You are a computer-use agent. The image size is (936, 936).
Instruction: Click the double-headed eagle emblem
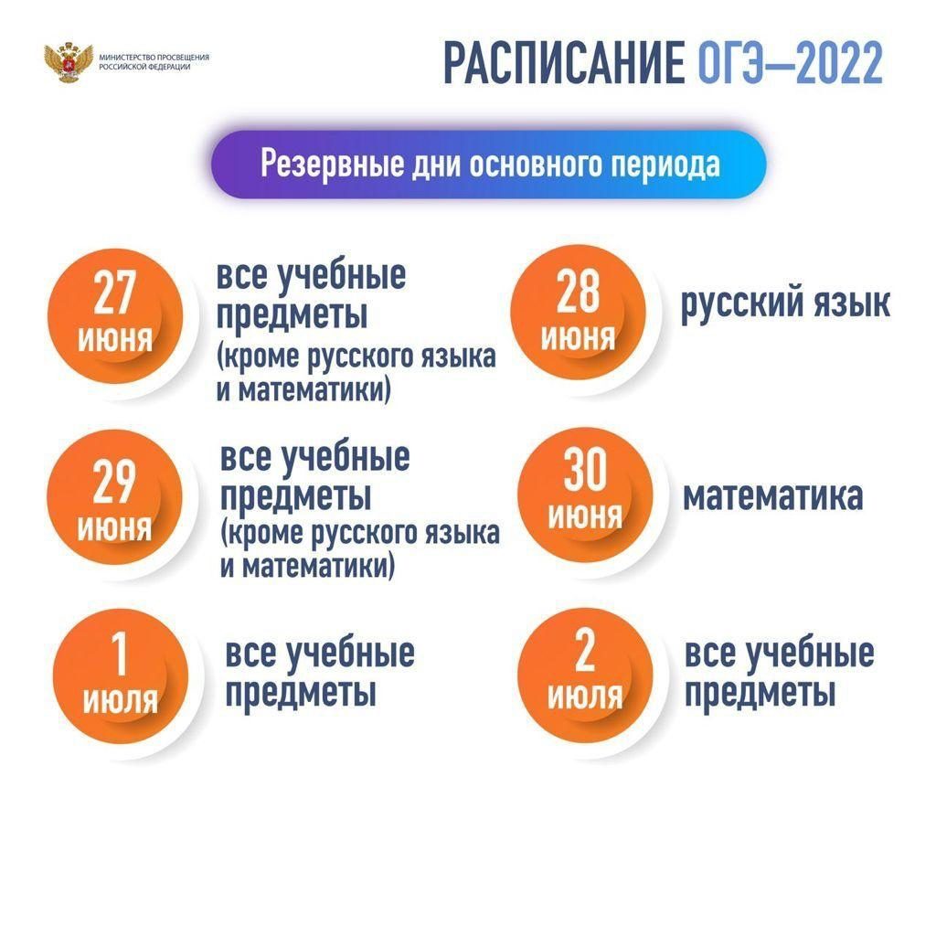pos(69,61)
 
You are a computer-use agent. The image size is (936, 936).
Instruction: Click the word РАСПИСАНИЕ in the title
pos(564,63)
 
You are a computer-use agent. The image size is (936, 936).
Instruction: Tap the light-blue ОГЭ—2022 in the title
pos(791,63)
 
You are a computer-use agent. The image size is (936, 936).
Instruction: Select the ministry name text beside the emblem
pos(154,62)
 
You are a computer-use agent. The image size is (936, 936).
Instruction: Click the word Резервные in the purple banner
pos(332,164)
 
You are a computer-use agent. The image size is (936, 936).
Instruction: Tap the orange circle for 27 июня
pos(115,315)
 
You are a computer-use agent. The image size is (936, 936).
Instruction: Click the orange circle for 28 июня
pos(578,313)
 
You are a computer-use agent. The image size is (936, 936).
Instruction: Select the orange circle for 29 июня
pos(114,496)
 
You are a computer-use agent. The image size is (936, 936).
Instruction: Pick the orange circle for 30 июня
pos(585,495)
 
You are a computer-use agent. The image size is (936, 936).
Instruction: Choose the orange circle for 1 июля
pos(121,675)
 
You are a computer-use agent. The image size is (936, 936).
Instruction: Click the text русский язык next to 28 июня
pos(785,303)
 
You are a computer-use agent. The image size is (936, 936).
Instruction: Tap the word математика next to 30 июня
pos(773,496)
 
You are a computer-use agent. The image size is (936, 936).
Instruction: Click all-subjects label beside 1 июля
pos(320,673)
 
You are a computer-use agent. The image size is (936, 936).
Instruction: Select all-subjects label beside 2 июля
pos(780,673)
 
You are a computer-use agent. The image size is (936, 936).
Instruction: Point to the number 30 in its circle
pos(585,469)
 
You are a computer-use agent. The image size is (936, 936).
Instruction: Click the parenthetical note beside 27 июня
pos(356,374)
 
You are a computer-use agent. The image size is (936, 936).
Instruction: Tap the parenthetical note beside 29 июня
pos(360,549)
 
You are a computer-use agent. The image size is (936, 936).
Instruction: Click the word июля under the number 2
pos(585,696)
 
